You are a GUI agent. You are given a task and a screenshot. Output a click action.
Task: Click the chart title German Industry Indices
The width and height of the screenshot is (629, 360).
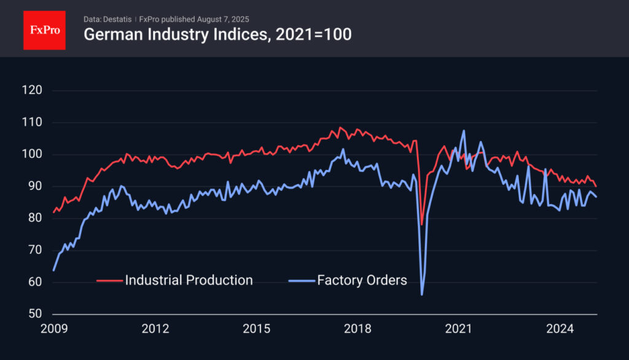point(217,34)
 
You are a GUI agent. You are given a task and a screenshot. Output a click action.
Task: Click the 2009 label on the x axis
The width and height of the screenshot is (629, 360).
point(53,329)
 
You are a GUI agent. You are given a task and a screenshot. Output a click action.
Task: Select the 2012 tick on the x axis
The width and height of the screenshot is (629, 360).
point(155,329)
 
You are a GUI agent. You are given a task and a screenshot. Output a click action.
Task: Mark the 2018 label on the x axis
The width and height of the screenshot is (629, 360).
point(357,329)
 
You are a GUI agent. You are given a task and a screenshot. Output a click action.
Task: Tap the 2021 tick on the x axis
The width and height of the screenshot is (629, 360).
point(458,329)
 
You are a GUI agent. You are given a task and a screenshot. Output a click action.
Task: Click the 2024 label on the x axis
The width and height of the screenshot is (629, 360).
point(560,329)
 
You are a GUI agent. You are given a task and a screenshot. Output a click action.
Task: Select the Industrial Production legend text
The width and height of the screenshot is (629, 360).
point(189,280)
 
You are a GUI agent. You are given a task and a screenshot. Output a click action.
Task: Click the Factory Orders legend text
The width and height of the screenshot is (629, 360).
point(362,280)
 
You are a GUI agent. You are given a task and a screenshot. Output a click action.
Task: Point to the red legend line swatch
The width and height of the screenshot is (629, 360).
point(110,281)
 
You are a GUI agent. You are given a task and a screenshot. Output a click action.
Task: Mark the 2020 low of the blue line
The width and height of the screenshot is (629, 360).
point(422,295)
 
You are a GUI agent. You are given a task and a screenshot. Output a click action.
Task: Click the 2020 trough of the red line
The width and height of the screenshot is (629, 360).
point(421,225)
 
